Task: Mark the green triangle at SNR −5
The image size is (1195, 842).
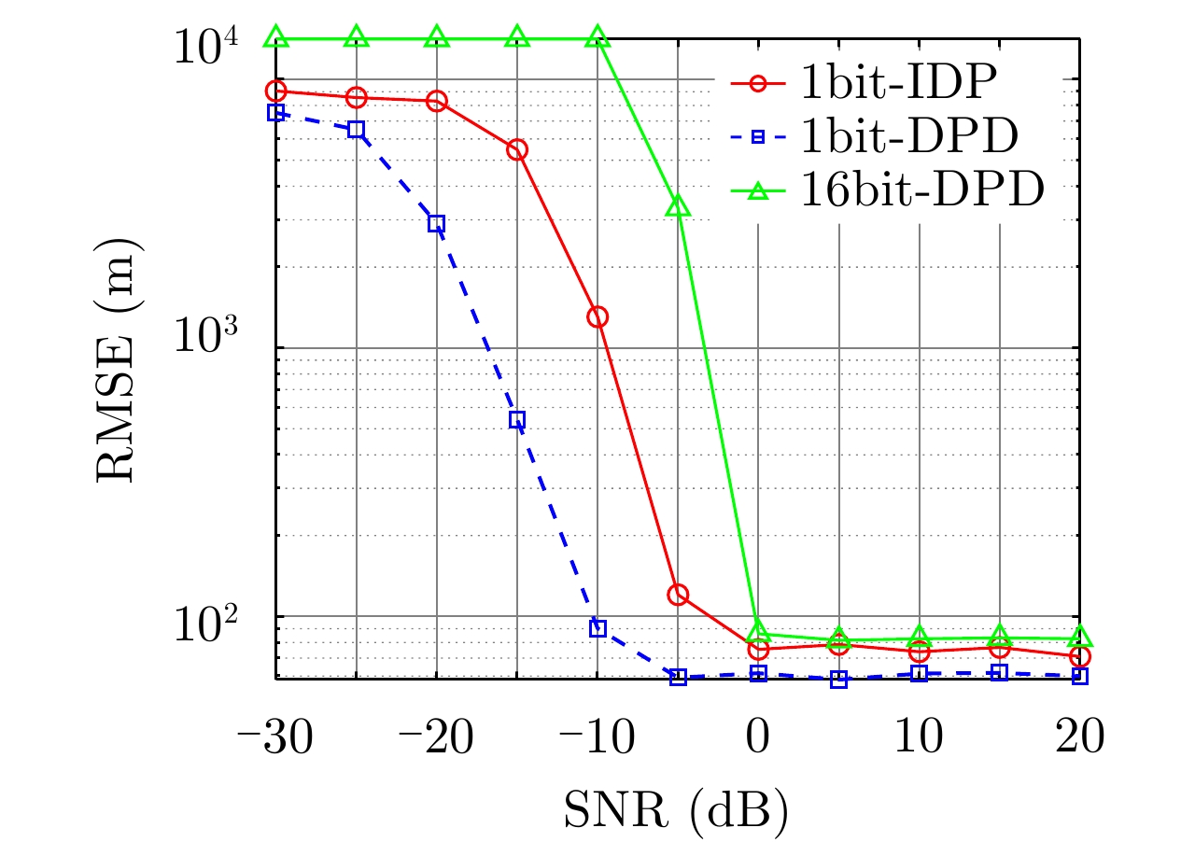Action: [678, 206]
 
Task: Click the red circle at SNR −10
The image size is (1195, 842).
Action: [597, 317]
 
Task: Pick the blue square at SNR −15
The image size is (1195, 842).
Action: [517, 420]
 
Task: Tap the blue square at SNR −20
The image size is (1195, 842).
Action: [437, 223]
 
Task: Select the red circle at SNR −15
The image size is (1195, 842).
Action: [517, 149]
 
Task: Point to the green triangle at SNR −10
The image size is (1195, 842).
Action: [597, 38]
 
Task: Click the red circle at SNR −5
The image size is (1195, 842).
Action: [678, 595]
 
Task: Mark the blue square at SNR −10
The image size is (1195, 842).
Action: [597, 628]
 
